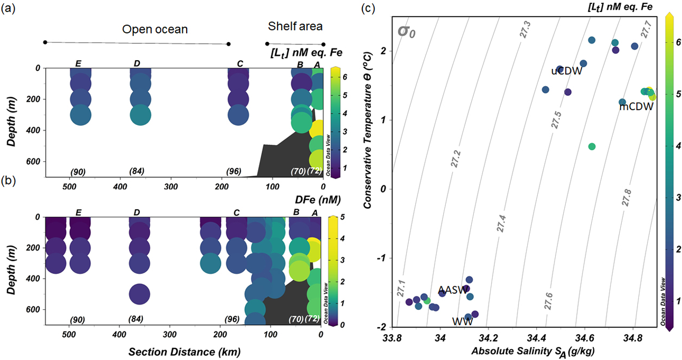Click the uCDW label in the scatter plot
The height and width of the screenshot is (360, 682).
tap(566, 71)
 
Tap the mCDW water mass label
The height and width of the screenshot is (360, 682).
tap(636, 107)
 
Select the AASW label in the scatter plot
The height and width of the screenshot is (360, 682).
tap(452, 290)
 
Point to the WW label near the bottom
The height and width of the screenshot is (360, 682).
tap(458, 322)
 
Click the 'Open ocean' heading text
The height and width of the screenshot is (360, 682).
tap(155, 29)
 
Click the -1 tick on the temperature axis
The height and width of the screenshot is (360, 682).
tap(385, 258)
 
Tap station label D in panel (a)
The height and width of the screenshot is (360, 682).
tap(137, 64)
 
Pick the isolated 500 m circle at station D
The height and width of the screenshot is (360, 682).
tap(139, 294)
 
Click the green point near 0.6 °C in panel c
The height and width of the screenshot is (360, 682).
tap(592, 146)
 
